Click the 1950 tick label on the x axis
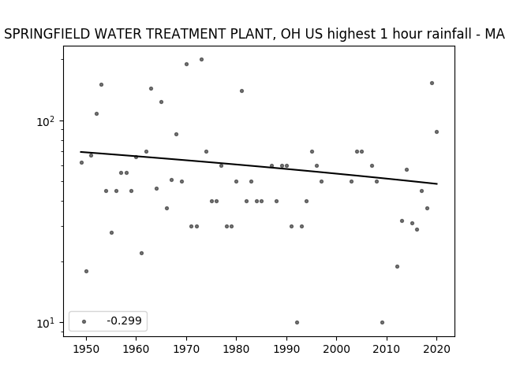(86, 349)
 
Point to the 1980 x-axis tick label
(236, 349)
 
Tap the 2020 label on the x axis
(436, 349)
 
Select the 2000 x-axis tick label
(337, 349)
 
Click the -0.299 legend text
(125, 321)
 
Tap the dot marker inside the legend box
(84, 321)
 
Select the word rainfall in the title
(449, 34)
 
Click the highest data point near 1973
(202, 60)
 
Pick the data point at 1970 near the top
(186, 65)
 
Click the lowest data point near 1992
(297, 322)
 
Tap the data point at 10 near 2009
(382, 322)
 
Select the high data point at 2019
(432, 83)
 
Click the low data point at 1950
(86, 271)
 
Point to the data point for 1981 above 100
(242, 91)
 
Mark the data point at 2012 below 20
(397, 266)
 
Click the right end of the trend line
(437, 183)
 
